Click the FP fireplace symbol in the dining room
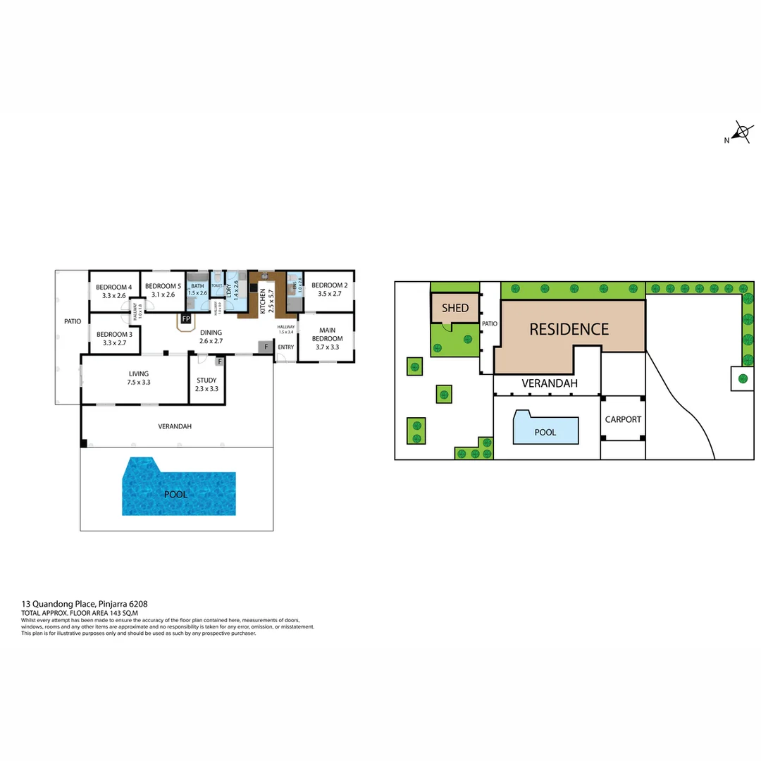click(x=186, y=319)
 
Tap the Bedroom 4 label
click(x=114, y=287)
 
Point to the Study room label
click(x=206, y=380)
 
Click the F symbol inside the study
click(x=220, y=362)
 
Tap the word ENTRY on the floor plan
click(x=286, y=347)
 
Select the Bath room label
click(x=197, y=285)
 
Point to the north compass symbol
click(x=741, y=133)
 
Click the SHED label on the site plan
click(x=455, y=308)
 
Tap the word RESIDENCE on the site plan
click(x=569, y=329)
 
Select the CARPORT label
click(x=624, y=419)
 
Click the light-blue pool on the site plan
click(x=545, y=429)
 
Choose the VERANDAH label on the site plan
click(x=550, y=383)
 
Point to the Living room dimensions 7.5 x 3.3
click(x=139, y=382)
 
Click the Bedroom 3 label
click(x=114, y=334)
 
